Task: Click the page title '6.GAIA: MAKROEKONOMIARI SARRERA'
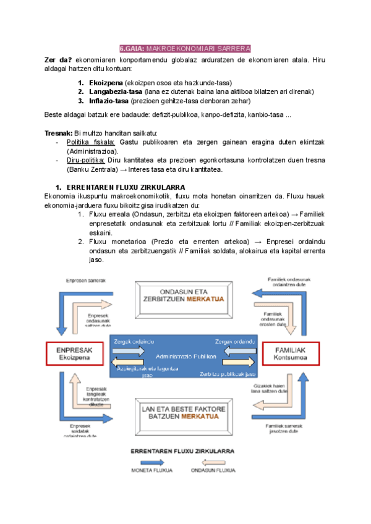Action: coord(185,49)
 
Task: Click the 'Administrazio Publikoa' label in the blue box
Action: coord(185,357)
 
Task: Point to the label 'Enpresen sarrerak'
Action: coord(85,280)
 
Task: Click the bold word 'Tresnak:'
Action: coord(58,133)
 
